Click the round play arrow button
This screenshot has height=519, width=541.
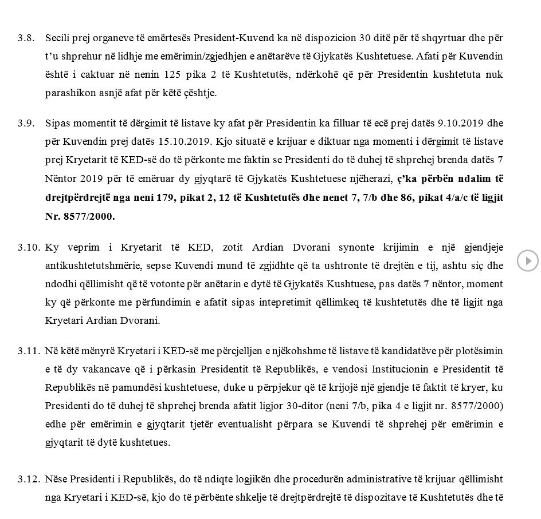pos(527,261)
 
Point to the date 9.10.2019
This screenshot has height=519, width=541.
pos(460,123)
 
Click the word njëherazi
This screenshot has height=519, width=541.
pos(371,178)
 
